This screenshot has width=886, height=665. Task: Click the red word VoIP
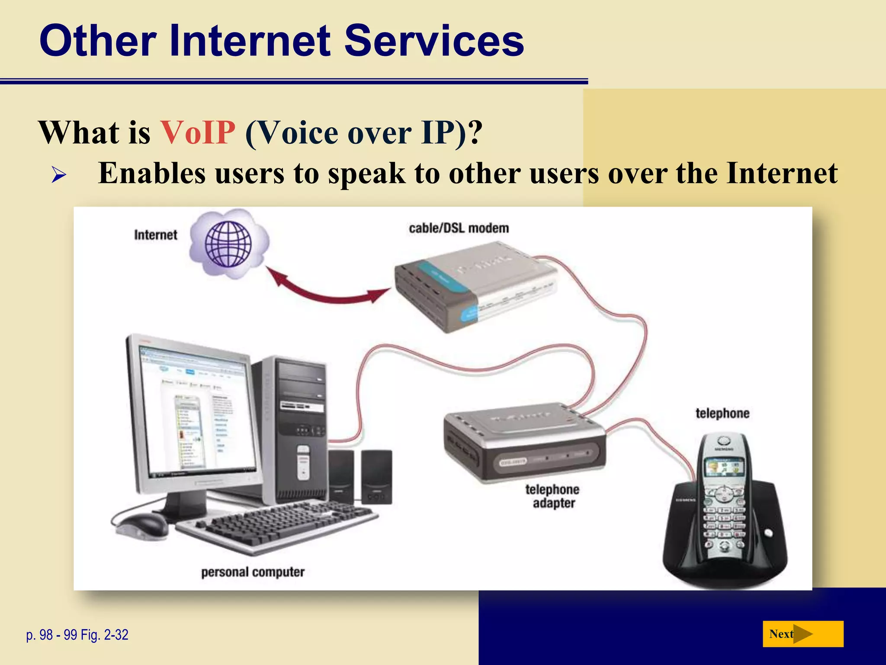(198, 132)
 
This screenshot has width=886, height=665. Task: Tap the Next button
(803, 634)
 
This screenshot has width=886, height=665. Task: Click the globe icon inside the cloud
(228, 244)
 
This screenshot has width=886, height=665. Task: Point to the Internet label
(155, 235)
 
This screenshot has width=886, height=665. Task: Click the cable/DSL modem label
(459, 228)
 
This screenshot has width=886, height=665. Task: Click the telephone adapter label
(553, 496)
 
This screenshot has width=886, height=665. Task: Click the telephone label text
(722, 413)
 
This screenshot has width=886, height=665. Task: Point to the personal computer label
(253, 572)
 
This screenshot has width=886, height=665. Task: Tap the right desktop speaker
(376, 476)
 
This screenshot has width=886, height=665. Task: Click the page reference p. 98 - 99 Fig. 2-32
(77, 635)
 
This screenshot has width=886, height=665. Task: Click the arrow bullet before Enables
(58, 175)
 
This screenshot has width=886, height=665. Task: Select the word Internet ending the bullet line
(782, 173)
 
